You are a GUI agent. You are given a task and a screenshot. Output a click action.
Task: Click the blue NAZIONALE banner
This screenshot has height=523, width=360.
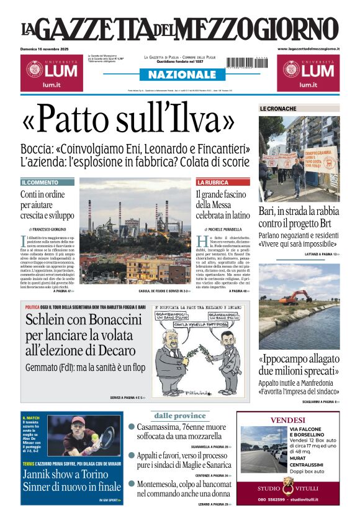tap(178, 75)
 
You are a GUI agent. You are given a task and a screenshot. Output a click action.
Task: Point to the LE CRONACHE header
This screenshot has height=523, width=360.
tap(278, 109)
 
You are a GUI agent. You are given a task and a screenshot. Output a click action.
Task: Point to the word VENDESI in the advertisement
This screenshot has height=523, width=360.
tap(287, 420)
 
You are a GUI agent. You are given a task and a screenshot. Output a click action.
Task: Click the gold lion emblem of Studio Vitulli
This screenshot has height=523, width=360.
tap(287, 486)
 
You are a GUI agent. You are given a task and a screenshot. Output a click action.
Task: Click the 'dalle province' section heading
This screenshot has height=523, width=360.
tap(179, 416)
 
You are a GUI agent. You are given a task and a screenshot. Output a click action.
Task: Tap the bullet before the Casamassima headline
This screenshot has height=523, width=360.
tap(132, 427)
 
